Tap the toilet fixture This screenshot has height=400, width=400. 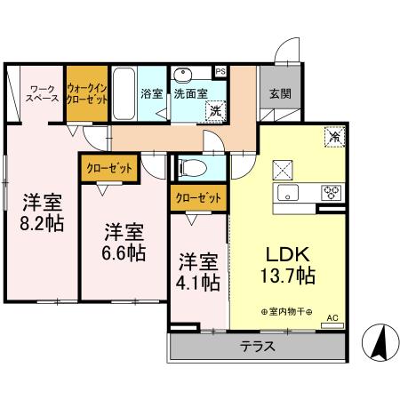click(x=193, y=166)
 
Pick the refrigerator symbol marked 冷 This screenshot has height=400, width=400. click(x=333, y=137)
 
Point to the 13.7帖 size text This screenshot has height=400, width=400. click(x=286, y=275)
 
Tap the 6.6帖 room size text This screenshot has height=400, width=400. click(x=124, y=252)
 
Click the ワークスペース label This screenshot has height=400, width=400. click(x=44, y=93)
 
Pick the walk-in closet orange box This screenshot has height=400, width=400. click(x=88, y=93)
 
